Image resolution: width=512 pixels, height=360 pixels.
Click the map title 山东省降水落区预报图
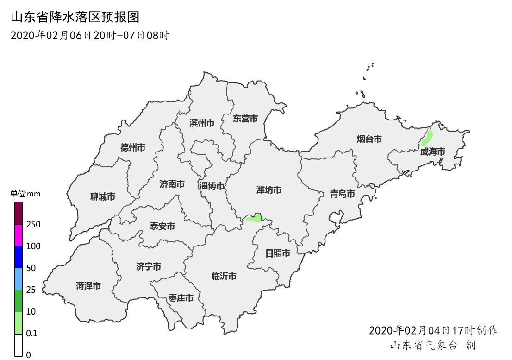tap(75, 18)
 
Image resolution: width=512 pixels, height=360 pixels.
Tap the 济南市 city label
tap(172, 184)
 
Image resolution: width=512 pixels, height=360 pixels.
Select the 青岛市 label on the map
tap(342, 194)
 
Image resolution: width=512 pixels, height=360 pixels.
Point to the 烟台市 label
tap(369, 139)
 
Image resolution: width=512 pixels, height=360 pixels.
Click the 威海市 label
tap(432, 152)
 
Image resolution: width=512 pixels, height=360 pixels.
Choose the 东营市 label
tap(245, 119)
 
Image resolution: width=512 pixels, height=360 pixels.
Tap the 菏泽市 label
tap(88, 286)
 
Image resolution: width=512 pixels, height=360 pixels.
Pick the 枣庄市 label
tap(181, 298)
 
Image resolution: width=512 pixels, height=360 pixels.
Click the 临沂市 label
tap(224, 277)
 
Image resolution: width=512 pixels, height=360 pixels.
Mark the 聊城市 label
tap(102, 197)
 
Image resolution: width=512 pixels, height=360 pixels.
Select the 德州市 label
tap(132, 148)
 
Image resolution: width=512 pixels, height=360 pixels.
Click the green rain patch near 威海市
tap(428, 138)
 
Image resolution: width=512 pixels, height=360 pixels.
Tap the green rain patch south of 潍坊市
tap(255, 218)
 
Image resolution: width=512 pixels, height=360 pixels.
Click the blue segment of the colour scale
tap(19, 257)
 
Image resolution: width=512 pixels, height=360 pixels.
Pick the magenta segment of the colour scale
tap(19, 235)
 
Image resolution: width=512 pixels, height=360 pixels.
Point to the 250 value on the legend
tap(33, 225)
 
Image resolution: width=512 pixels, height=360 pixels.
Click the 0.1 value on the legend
tap(31, 334)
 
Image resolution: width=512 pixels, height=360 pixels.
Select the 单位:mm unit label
tap(25, 194)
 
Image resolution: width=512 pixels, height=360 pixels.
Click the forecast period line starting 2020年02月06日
tap(90, 36)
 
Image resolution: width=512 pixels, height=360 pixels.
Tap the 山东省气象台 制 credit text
tap(432, 346)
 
